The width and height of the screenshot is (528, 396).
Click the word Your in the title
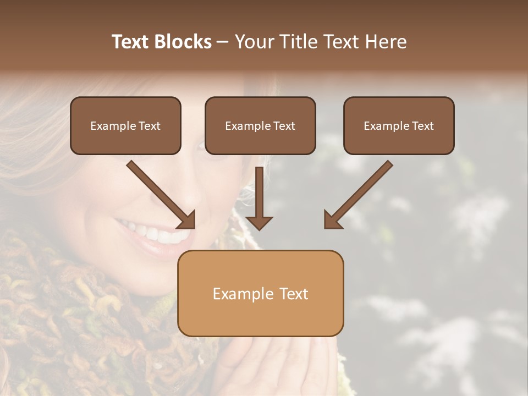[x=254, y=42]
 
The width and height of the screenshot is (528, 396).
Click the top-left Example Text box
[x=125, y=126]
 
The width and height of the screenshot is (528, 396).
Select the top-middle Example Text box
[x=260, y=126]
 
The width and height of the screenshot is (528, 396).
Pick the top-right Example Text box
[x=399, y=126]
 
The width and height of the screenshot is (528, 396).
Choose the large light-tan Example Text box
[x=260, y=294]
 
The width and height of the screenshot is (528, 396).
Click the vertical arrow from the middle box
[x=259, y=198]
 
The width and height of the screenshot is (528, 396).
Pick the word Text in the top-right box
[x=422, y=126]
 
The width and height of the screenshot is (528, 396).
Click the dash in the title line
[x=223, y=42]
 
